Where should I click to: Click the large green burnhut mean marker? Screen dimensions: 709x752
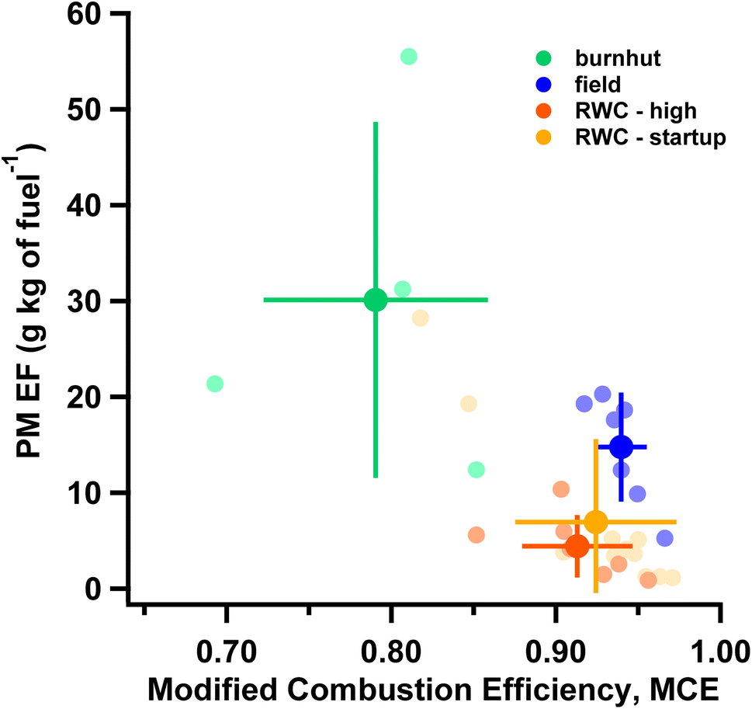coord(376,299)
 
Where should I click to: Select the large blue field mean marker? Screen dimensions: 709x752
coord(621,447)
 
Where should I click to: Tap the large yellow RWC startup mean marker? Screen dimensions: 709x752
coord(595,522)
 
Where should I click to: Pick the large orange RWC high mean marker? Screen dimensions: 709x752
coord(577,546)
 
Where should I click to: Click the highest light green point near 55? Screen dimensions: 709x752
coord(409,57)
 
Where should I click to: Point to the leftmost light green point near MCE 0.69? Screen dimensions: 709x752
coord(215,384)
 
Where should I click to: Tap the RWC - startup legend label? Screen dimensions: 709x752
coord(650,138)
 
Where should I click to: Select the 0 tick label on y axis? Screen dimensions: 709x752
coord(102,589)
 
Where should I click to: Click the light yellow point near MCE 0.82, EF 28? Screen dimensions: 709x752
coord(420,318)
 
